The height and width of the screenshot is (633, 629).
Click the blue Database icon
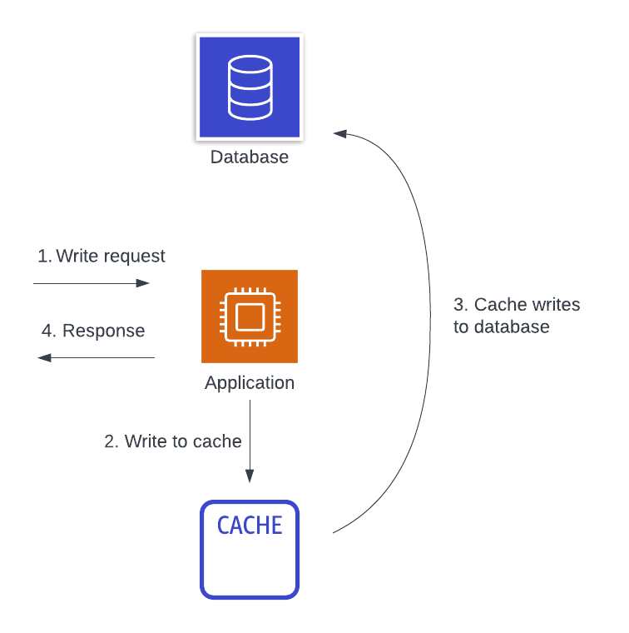[x=250, y=87]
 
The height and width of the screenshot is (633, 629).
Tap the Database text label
[x=250, y=157]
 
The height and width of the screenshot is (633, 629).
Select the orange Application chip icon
[x=250, y=316]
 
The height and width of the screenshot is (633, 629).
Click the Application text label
[x=250, y=383]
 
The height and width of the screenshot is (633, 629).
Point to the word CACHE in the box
[x=250, y=526]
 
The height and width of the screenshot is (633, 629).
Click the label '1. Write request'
[x=102, y=256]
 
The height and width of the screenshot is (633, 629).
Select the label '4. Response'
[x=93, y=331]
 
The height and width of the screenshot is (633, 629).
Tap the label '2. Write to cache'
[x=173, y=441]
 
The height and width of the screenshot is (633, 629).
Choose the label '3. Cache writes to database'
[x=516, y=316]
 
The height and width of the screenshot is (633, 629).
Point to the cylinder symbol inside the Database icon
[x=250, y=86]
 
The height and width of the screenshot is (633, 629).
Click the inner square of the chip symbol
[x=250, y=316]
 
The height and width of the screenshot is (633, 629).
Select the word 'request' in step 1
[x=135, y=256]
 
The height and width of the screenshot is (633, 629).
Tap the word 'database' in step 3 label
[x=512, y=326]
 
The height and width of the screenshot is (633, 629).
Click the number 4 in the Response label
[x=48, y=331]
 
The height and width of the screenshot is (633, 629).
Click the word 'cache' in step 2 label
[x=217, y=441]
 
